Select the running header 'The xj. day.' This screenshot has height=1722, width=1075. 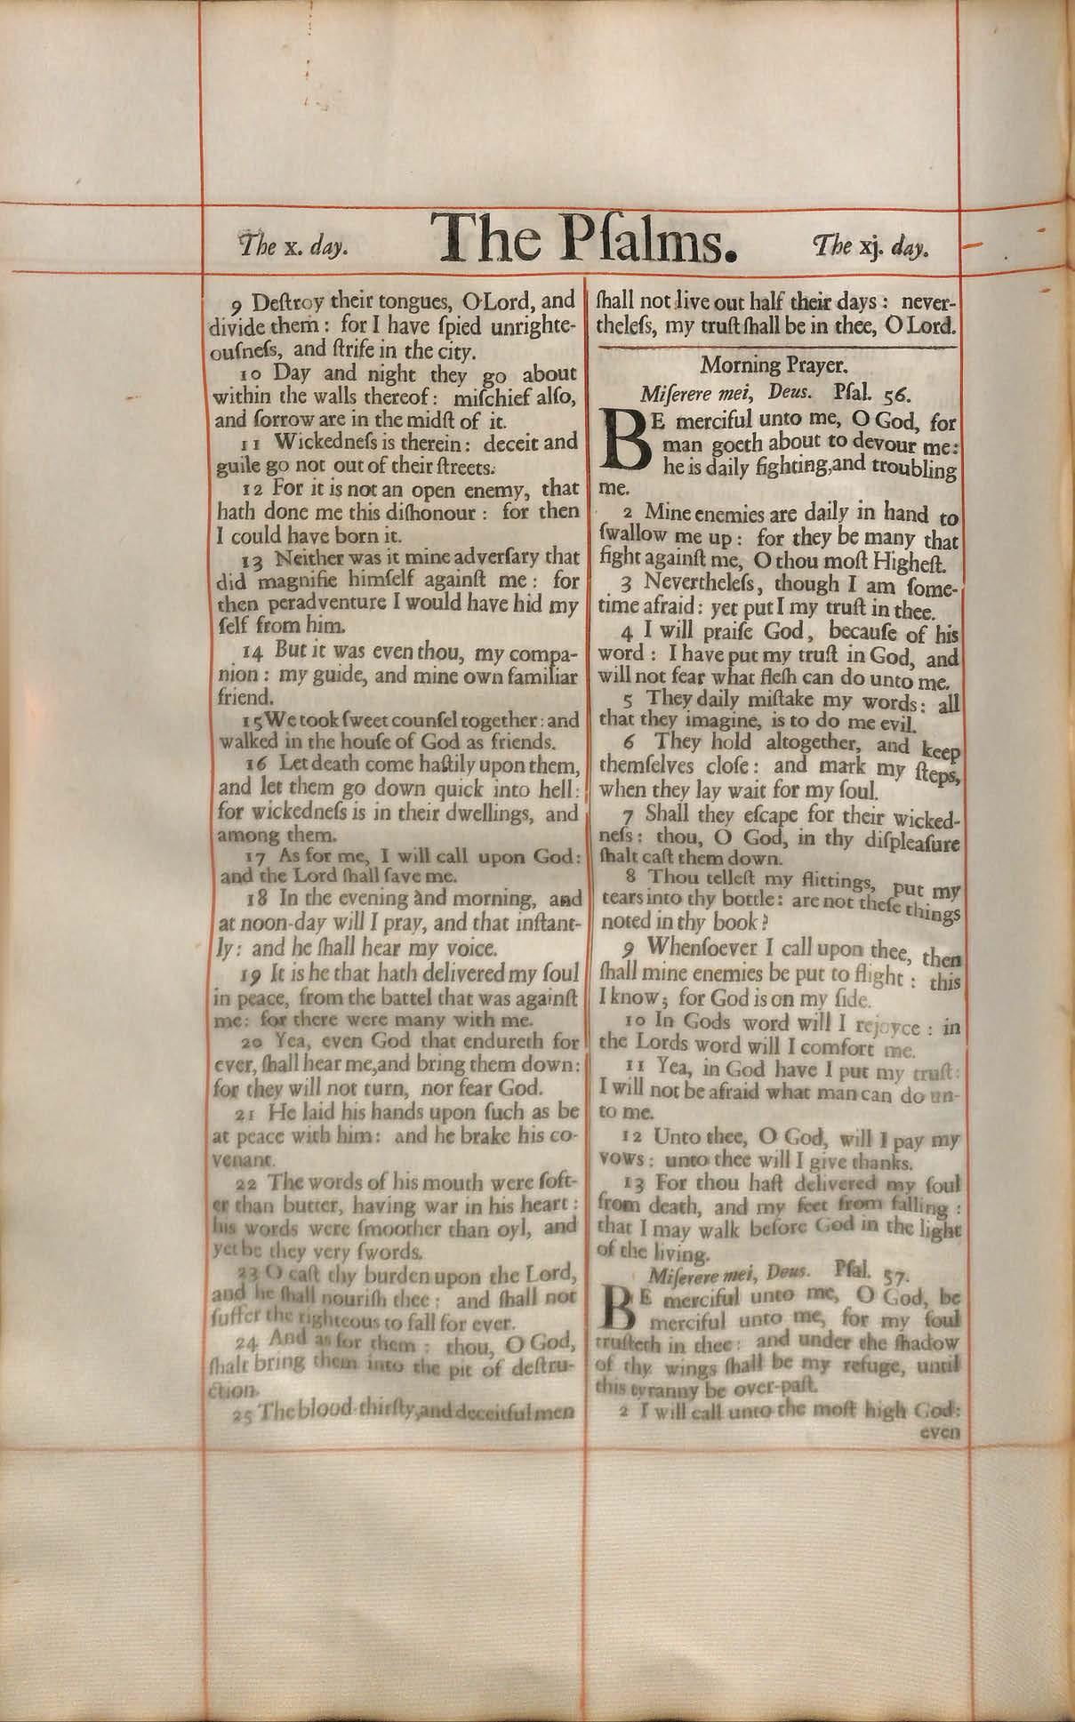[x=870, y=245]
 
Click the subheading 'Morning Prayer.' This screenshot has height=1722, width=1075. [x=776, y=364]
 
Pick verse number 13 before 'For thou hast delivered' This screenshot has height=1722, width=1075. [x=634, y=1184]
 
